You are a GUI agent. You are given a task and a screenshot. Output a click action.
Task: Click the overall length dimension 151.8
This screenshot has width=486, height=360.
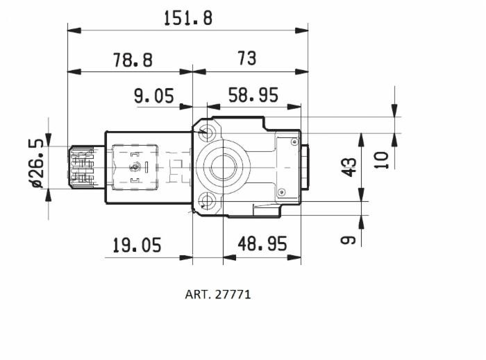pyautogui.click(x=187, y=18)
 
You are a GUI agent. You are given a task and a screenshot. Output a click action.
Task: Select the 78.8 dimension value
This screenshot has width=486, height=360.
pyautogui.click(x=132, y=60)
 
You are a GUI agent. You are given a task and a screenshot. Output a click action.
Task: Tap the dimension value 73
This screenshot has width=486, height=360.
pyautogui.click(x=246, y=59)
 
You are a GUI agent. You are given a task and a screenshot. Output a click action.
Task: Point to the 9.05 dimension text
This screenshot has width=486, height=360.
pyautogui.click(x=153, y=96)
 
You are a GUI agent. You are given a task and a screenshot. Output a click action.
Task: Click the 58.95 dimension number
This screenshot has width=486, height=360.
pyautogui.click(x=253, y=95)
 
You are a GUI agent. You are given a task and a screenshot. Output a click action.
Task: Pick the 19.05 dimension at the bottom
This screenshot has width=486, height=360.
pyautogui.click(x=137, y=245)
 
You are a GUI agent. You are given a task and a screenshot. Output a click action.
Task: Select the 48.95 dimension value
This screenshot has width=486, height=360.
pyautogui.click(x=262, y=243)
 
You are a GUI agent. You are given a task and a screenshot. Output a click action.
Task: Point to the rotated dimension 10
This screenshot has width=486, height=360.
pyautogui.click(x=382, y=158)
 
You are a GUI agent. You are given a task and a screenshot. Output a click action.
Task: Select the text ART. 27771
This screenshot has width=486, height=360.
pyautogui.click(x=218, y=294)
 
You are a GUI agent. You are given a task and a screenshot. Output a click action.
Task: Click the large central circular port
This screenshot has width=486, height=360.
pyautogui.click(x=222, y=167)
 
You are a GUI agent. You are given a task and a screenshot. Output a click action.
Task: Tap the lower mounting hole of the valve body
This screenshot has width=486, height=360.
pyautogui.click(x=206, y=202)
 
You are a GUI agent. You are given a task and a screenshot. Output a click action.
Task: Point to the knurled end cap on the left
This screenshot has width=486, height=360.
pyautogui.click(x=81, y=167)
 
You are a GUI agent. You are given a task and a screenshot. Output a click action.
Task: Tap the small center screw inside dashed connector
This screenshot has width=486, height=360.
pyautogui.click(x=135, y=166)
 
